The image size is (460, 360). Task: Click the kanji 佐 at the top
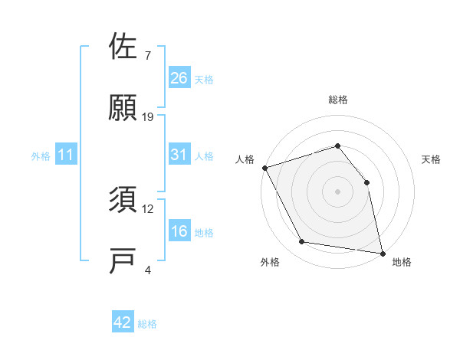(x=123, y=47)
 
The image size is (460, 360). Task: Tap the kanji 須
(x=123, y=200)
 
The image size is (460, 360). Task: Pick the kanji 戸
(x=123, y=260)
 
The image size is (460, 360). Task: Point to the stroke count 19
(x=148, y=116)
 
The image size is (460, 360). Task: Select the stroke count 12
(x=148, y=208)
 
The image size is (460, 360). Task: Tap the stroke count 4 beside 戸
(x=147, y=270)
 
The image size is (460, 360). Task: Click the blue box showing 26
(x=179, y=78)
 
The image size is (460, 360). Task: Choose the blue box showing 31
(x=179, y=155)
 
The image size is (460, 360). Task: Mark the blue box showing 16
(x=179, y=232)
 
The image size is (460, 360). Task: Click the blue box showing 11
(x=66, y=155)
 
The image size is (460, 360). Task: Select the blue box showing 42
(x=123, y=322)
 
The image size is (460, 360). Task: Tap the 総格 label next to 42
(x=147, y=324)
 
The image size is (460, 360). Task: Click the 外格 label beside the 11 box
(x=41, y=156)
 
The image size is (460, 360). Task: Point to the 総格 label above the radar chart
(x=337, y=100)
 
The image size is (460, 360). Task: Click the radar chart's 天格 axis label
(x=432, y=159)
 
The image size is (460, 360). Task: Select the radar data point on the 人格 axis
(x=265, y=168)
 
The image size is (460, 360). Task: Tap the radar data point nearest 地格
(x=382, y=252)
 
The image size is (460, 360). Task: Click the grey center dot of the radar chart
(x=337, y=191)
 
